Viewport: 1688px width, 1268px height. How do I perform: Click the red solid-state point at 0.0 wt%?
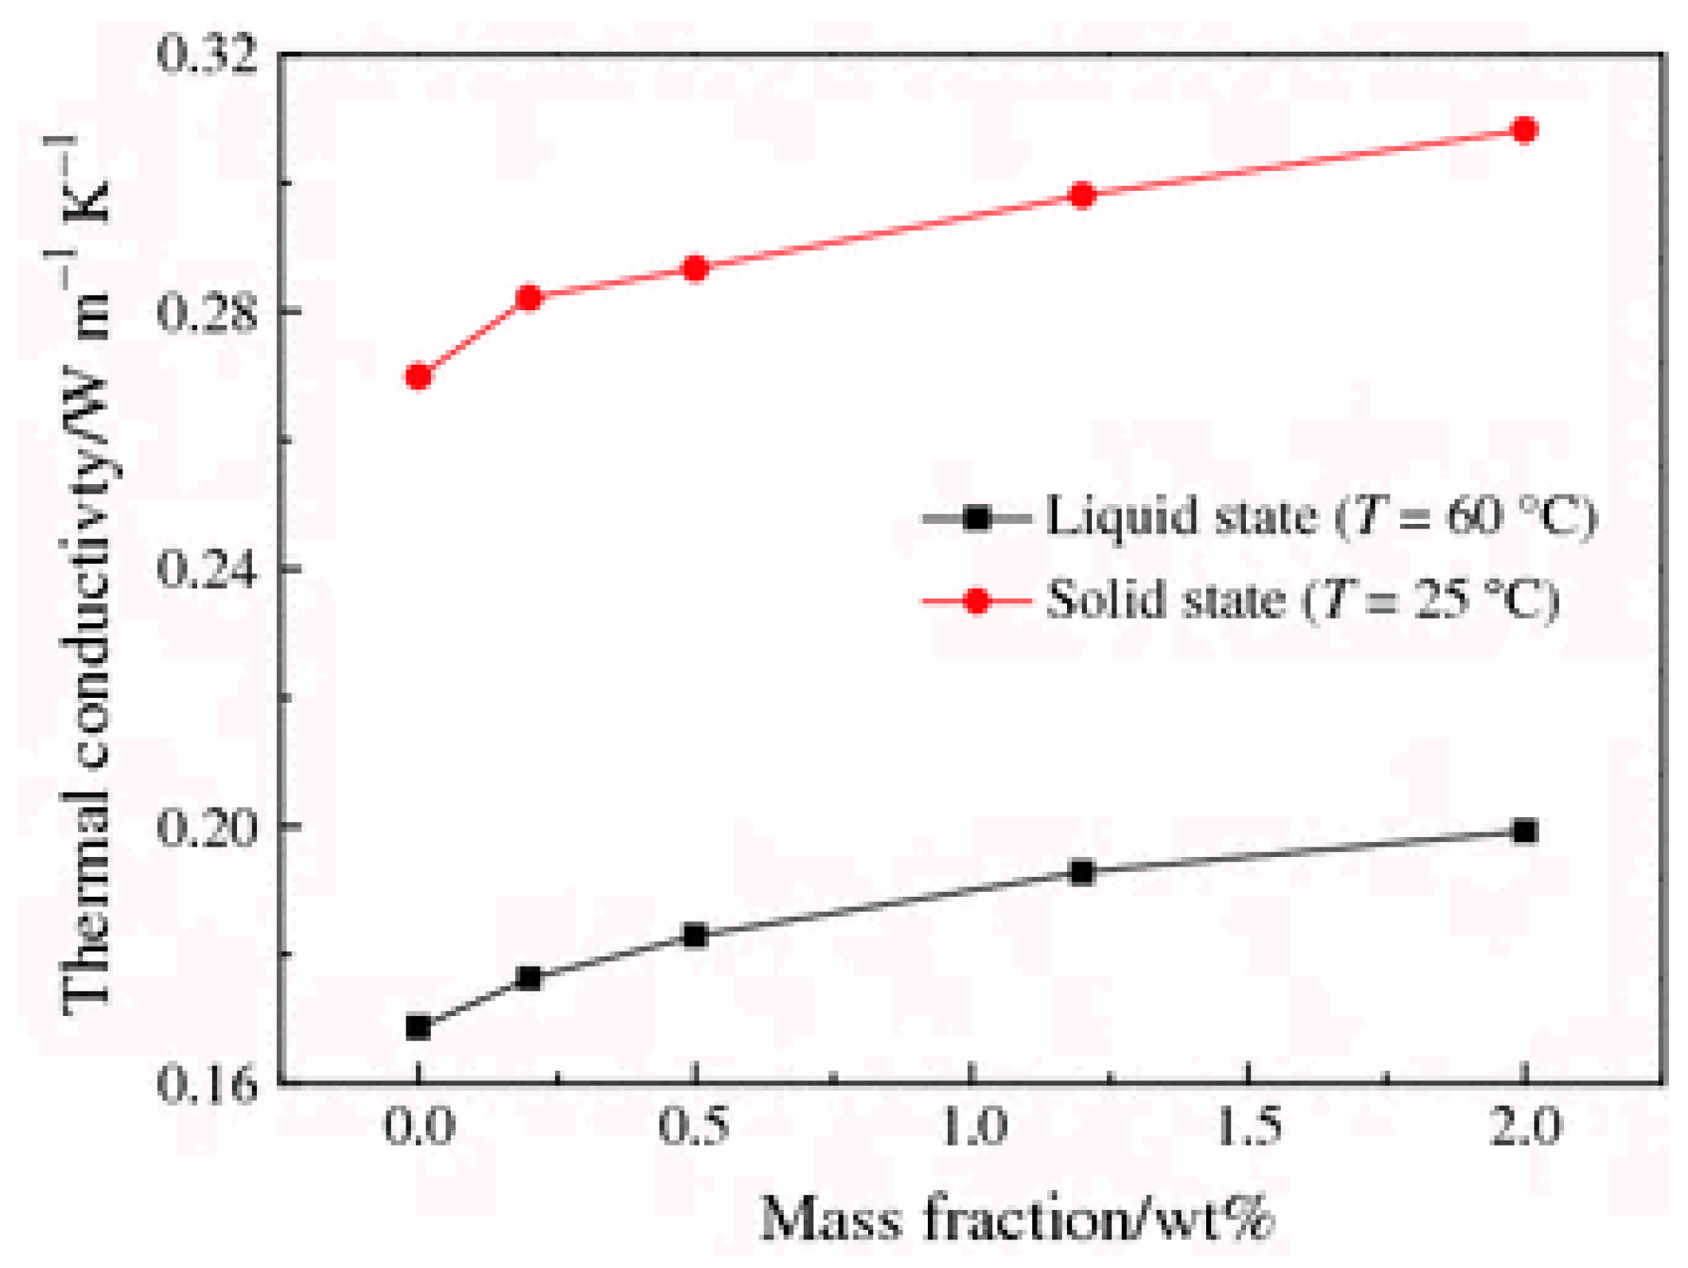[418, 375]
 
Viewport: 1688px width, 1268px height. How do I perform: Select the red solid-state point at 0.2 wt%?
[529, 298]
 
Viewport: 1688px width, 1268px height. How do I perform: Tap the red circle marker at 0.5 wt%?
[696, 269]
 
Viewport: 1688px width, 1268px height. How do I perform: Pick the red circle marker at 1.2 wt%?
[1082, 195]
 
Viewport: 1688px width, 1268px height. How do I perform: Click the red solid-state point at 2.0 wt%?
[1524, 129]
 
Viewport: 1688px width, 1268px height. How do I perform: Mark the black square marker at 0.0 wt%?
[418, 1028]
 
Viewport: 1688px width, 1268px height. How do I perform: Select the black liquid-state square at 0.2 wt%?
[529, 979]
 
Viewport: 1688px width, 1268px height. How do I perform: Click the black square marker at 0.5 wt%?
[696, 936]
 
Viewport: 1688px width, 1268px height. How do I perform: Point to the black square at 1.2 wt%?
[1082, 873]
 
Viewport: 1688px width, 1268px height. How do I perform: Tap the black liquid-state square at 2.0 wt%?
[1524, 832]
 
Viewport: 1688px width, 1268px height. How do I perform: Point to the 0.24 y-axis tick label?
[208, 569]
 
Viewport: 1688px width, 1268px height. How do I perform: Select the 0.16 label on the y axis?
[208, 1084]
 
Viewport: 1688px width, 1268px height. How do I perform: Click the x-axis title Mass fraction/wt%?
[1018, 1220]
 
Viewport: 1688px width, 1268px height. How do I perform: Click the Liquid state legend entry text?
[1320, 517]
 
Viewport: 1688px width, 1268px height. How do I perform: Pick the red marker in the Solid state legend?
[976, 601]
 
